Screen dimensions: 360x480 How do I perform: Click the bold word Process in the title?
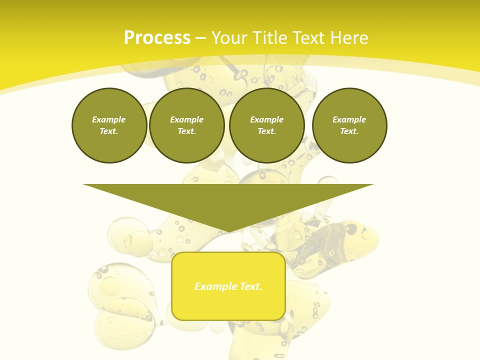click(x=157, y=38)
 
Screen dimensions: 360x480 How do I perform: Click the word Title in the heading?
click(x=271, y=38)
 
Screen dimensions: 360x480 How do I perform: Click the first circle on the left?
click(x=109, y=125)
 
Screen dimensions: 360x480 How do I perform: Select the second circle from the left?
click(x=187, y=125)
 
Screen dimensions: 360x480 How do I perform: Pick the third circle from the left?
click(x=267, y=125)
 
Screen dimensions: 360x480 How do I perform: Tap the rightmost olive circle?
click(x=349, y=125)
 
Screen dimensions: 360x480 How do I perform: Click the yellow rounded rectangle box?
click(x=228, y=300)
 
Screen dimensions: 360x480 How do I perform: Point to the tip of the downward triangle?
click(x=228, y=231)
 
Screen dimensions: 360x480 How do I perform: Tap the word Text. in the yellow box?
click(x=250, y=286)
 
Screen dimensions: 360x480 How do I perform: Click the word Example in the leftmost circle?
click(x=109, y=119)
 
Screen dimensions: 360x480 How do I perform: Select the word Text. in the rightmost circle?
click(x=349, y=131)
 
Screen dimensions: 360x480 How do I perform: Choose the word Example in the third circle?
click(x=267, y=119)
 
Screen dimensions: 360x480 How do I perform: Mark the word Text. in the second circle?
click(x=187, y=131)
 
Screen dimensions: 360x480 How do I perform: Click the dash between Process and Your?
click(x=200, y=38)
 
